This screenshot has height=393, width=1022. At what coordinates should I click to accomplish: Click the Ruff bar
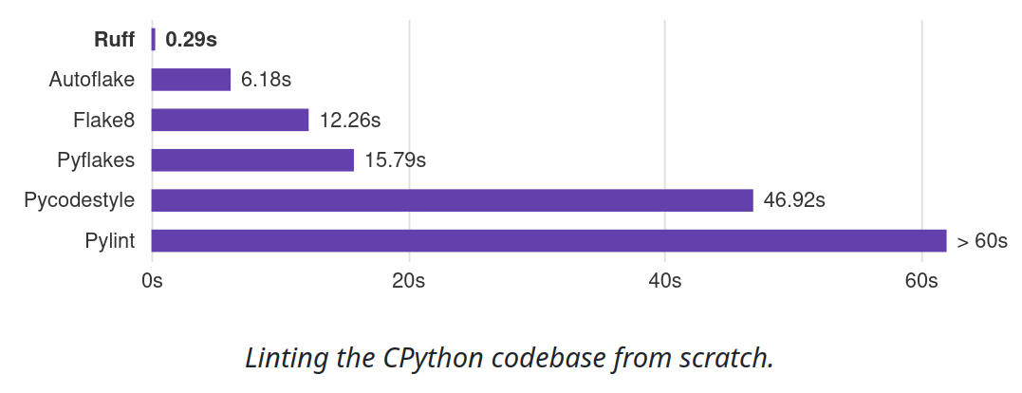[153, 40]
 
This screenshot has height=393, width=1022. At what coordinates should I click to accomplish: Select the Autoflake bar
[191, 80]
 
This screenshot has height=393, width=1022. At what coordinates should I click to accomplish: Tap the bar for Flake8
[230, 120]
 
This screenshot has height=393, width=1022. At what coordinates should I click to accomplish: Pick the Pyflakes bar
[252, 160]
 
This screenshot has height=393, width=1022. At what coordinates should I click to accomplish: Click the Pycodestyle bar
[452, 200]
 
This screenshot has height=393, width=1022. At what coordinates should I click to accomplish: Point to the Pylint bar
[548, 241]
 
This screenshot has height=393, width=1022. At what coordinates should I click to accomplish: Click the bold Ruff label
[114, 40]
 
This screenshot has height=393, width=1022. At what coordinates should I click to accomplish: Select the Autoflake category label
[91, 80]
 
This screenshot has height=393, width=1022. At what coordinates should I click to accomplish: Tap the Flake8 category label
[103, 121]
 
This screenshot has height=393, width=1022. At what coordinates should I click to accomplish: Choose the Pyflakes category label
[96, 160]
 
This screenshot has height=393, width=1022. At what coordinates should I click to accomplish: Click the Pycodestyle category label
[79, 201]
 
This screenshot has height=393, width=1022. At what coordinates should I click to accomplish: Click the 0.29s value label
[191, 40]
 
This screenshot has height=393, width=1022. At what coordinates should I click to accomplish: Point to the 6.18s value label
[266, 80]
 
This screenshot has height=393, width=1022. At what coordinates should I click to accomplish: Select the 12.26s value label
[349, 121]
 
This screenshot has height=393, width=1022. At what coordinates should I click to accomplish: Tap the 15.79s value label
[395, 160]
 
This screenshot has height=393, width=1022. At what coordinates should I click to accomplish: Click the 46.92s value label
[794, 201]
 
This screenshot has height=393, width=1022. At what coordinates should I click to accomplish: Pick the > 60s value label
[982, 241]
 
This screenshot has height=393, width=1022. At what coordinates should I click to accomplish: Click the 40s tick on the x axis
[664, 281]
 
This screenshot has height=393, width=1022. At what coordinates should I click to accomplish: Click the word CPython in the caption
[434, 359]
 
